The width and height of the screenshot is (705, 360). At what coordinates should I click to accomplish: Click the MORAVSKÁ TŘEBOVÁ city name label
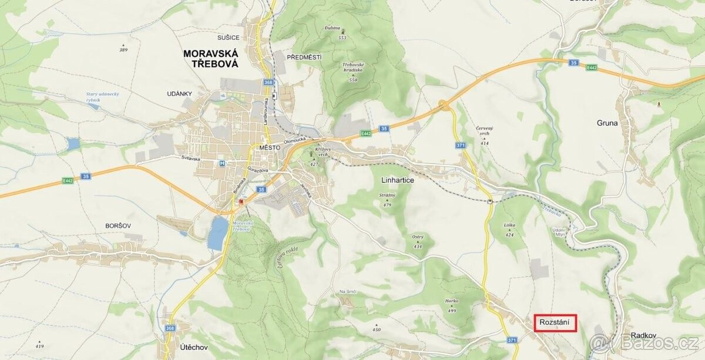point(210,59)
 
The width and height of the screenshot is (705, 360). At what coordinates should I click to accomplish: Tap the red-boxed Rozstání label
point(555,324)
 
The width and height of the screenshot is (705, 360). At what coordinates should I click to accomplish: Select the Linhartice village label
point(397,181)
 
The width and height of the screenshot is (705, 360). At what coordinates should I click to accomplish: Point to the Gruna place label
point(607,123)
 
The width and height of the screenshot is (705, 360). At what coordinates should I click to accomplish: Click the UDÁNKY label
point(179,94)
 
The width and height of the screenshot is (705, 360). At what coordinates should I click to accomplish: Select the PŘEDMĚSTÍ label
point(304,57)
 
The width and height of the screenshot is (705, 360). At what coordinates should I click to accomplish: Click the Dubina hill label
point(332,28)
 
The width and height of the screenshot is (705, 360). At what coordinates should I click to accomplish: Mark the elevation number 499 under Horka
point(452,311)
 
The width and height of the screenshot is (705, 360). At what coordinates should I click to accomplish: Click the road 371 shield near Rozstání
point(512,340)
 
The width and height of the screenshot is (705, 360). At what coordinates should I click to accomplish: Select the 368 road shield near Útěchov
point(170,328)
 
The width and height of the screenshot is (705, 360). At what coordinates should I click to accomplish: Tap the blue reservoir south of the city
point(217,233)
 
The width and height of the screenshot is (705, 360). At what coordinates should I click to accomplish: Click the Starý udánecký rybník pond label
point(103,97)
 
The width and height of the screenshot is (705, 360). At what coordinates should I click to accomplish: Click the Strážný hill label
point(387,195)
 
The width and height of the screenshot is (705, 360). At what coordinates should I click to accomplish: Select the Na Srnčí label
point(348,292)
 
